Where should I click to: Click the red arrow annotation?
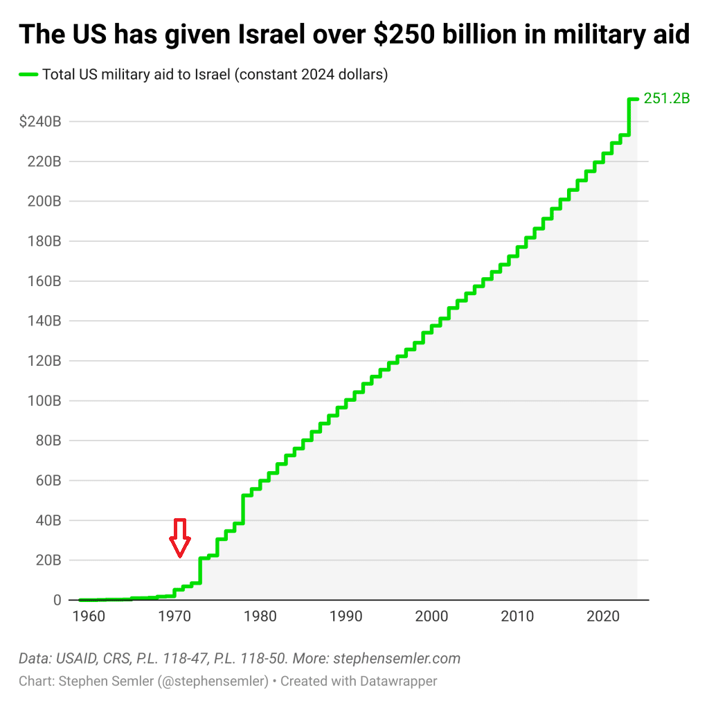[180, 537]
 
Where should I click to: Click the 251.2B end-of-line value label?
[667, 98]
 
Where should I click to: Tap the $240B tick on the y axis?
[41, 122]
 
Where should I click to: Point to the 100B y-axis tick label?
[44, 401]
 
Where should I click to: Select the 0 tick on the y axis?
[57, 601]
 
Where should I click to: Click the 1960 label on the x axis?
[88, 617]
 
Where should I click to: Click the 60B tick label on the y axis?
[47, 481]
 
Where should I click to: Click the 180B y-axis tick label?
[44, 242]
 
